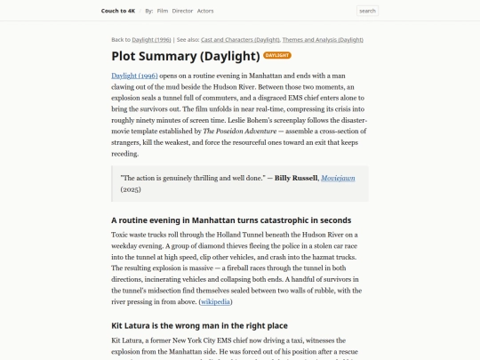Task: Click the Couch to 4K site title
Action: [119, 11]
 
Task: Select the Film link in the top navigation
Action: [163, 11]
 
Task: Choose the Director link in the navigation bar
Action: [182, 11]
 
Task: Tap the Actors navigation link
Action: [205, 11]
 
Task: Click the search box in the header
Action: [367, 11]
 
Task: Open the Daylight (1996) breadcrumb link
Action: [152, 40]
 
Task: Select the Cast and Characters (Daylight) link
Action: [240, 40]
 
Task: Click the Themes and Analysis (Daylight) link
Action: [323, 40]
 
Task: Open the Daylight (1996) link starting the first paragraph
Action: [134, 76]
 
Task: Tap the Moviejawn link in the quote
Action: [338, 178]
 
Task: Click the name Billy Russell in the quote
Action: [295, 178]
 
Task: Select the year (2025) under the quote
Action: [131, 189]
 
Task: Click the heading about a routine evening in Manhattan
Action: [231, 220]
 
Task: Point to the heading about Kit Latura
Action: [199, 325]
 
